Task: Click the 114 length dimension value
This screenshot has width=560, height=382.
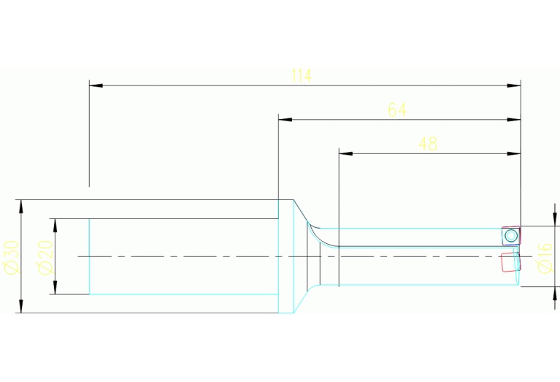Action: click(x=302, y=76)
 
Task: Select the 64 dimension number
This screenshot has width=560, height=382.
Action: click(x=397, y=110)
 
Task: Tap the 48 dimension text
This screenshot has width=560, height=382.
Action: click(x=428, y=144)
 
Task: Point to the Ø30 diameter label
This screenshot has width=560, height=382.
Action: click(x=11, y=258)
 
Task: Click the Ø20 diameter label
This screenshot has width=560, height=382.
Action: click(x=45, y=258)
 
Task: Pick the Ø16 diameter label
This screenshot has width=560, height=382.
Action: click(x=545, y=258)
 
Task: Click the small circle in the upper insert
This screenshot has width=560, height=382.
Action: click(x=511, y=236)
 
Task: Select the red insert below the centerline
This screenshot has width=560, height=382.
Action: click(x=510, y=262)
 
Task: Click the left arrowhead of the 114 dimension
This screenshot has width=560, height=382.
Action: click(x=96, y=85)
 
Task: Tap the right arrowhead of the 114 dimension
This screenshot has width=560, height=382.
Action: click(x=514, y=85)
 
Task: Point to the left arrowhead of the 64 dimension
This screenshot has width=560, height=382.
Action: click(x=285, y=120)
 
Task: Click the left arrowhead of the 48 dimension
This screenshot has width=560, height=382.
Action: click(x=346, y=153)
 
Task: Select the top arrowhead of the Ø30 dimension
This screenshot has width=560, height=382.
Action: click(x=21, y=207)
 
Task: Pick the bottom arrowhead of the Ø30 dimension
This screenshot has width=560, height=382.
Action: click(x=21, y=306)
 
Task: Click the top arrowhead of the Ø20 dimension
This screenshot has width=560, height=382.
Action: click(x=55, y=226)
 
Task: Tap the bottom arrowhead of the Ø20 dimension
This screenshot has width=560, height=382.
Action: click(x=55, y=288)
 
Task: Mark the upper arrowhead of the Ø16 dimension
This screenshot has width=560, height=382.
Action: click(x=555, y=219)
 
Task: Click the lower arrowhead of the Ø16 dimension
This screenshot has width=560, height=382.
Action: click(x=555, y=293)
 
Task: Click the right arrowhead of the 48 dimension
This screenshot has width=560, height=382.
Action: click(x=514, y=153)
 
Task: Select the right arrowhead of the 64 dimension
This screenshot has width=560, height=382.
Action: click(x=514, y=120)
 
